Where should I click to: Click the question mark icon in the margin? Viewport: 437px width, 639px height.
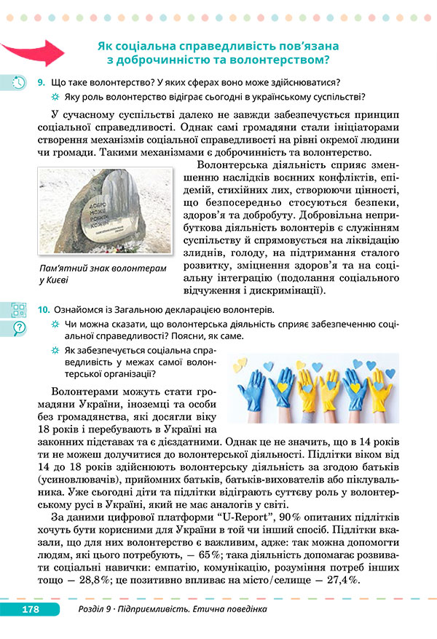click(19, 327)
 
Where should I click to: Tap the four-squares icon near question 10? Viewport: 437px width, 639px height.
click(19, 309)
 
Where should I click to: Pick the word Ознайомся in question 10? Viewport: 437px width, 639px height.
click(82, 310)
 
